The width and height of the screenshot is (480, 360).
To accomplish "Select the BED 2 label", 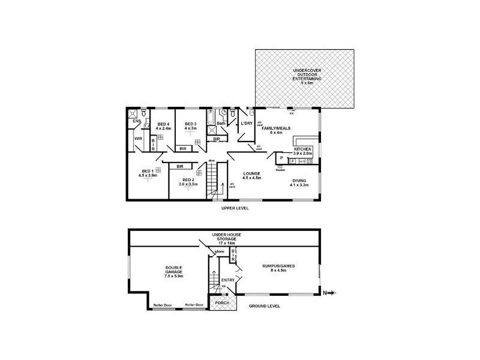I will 188,182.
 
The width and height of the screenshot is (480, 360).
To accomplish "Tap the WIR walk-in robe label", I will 138,139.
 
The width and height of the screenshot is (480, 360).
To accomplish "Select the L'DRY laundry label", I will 246,124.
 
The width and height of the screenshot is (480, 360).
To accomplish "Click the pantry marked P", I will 281,158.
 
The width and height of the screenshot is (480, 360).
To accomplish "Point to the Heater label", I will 280,169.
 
